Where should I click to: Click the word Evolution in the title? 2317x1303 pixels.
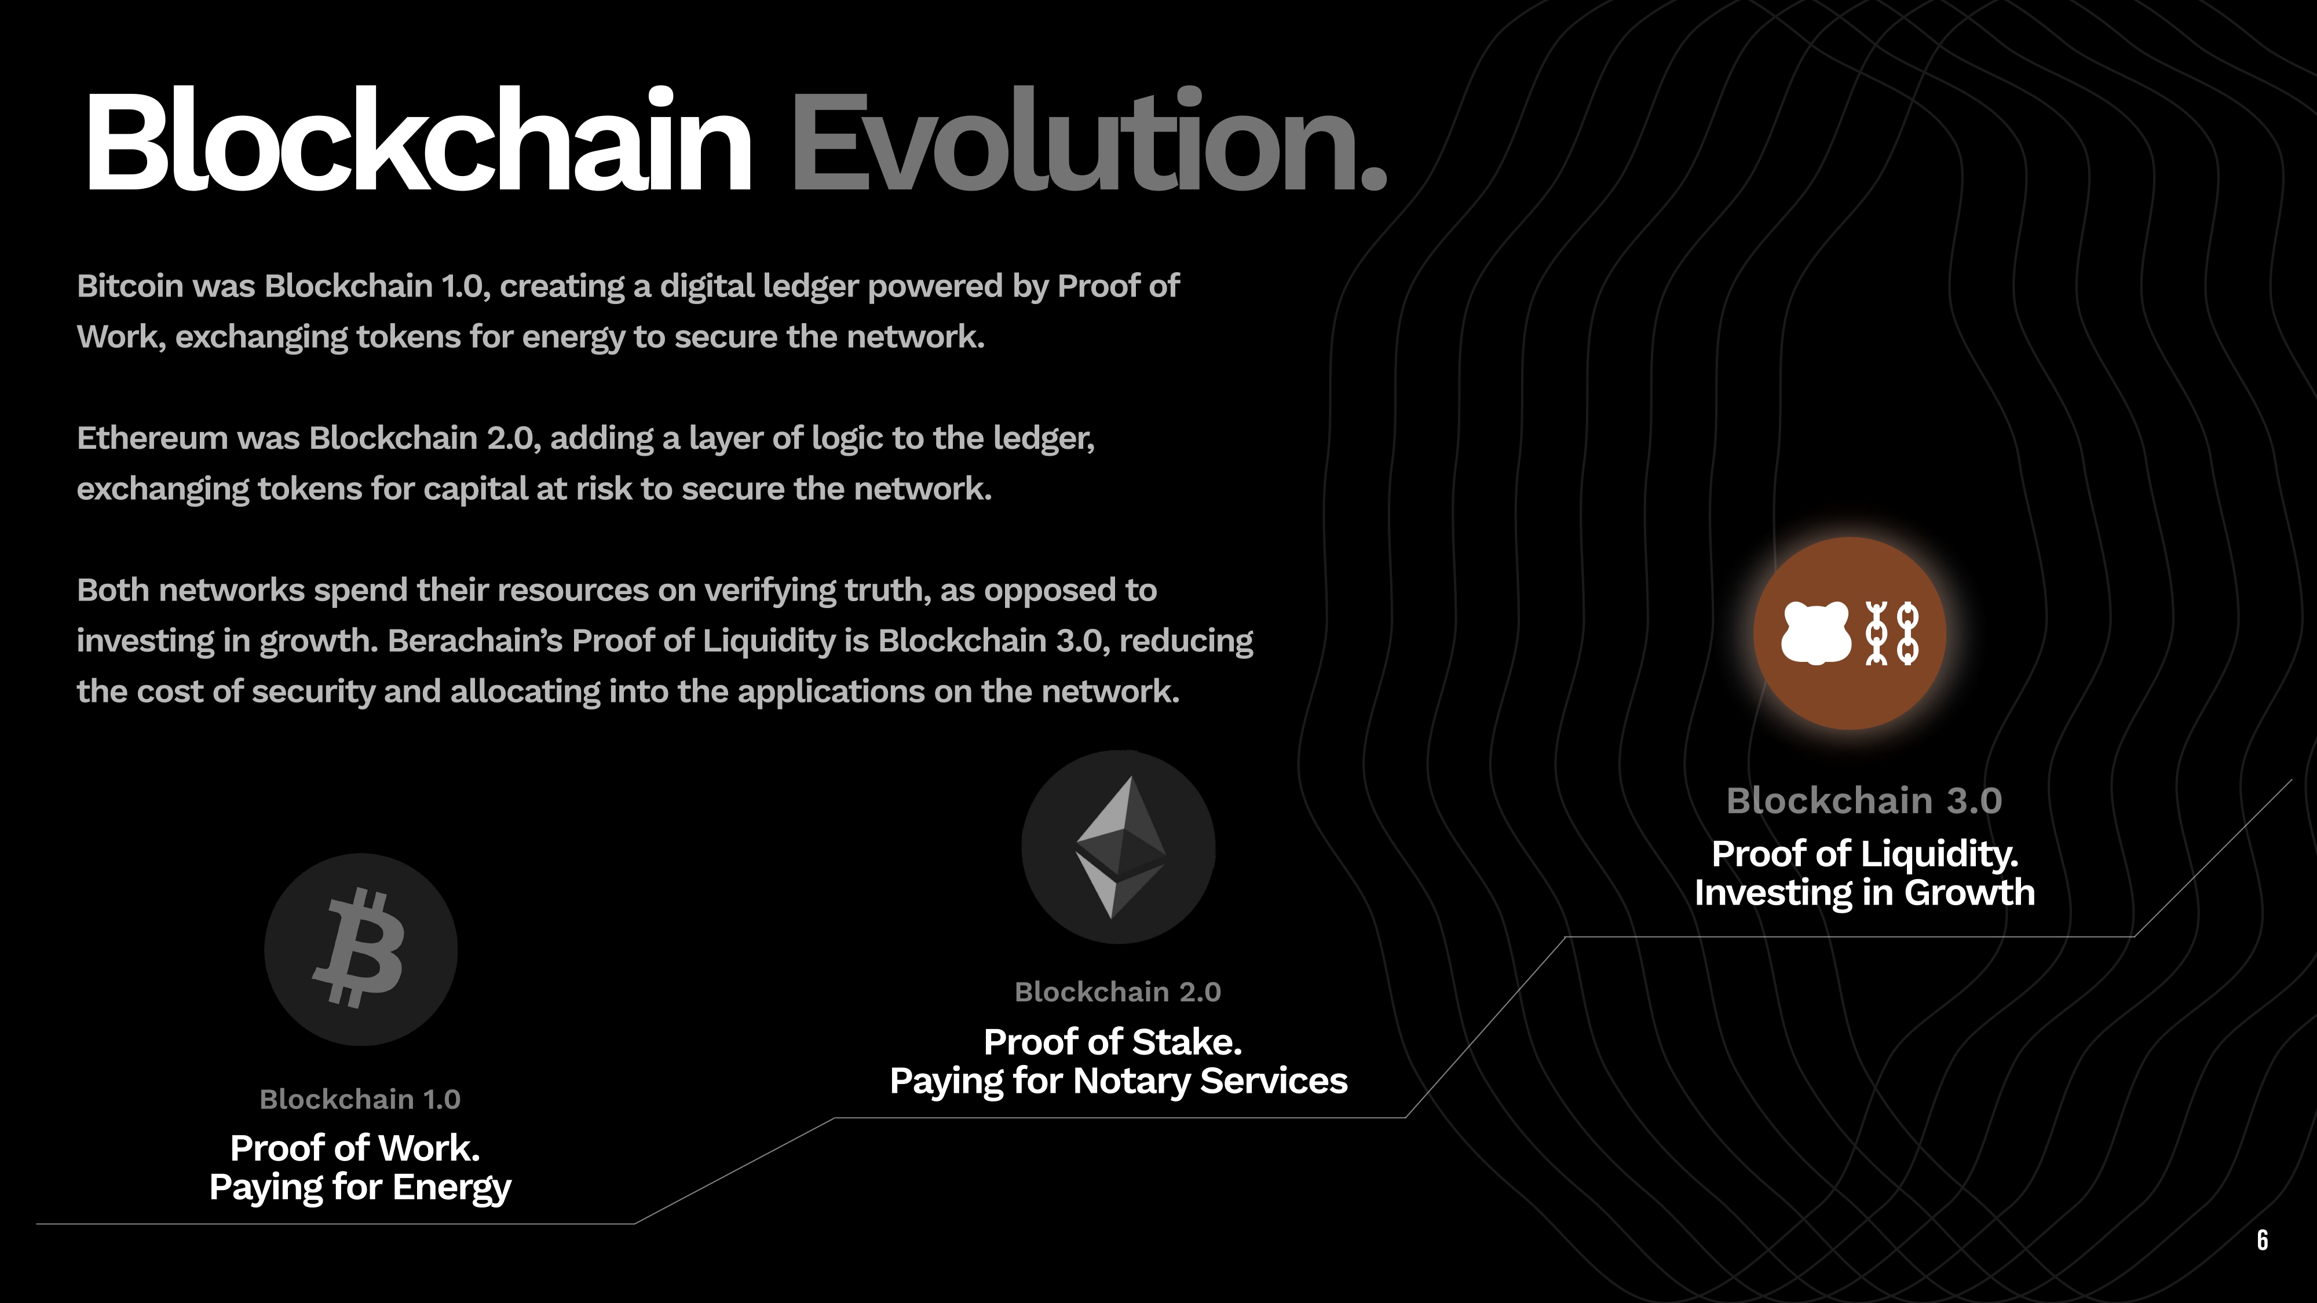point(1075,140)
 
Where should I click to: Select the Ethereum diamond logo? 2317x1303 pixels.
point(1119,847)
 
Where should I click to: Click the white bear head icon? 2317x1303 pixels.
point(1816,633)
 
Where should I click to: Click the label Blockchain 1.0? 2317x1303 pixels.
point(360,1099)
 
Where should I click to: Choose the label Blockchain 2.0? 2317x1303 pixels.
point(1118,992)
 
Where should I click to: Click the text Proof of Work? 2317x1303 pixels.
point(355,1148)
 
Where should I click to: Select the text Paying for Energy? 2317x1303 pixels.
point(360,1188)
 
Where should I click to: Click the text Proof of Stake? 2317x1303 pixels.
point(1113,1042)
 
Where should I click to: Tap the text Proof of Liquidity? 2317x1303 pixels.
point(1865,854)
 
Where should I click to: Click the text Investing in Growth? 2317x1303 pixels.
point(1865,893)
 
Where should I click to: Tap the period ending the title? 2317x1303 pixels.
point(1373,178)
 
